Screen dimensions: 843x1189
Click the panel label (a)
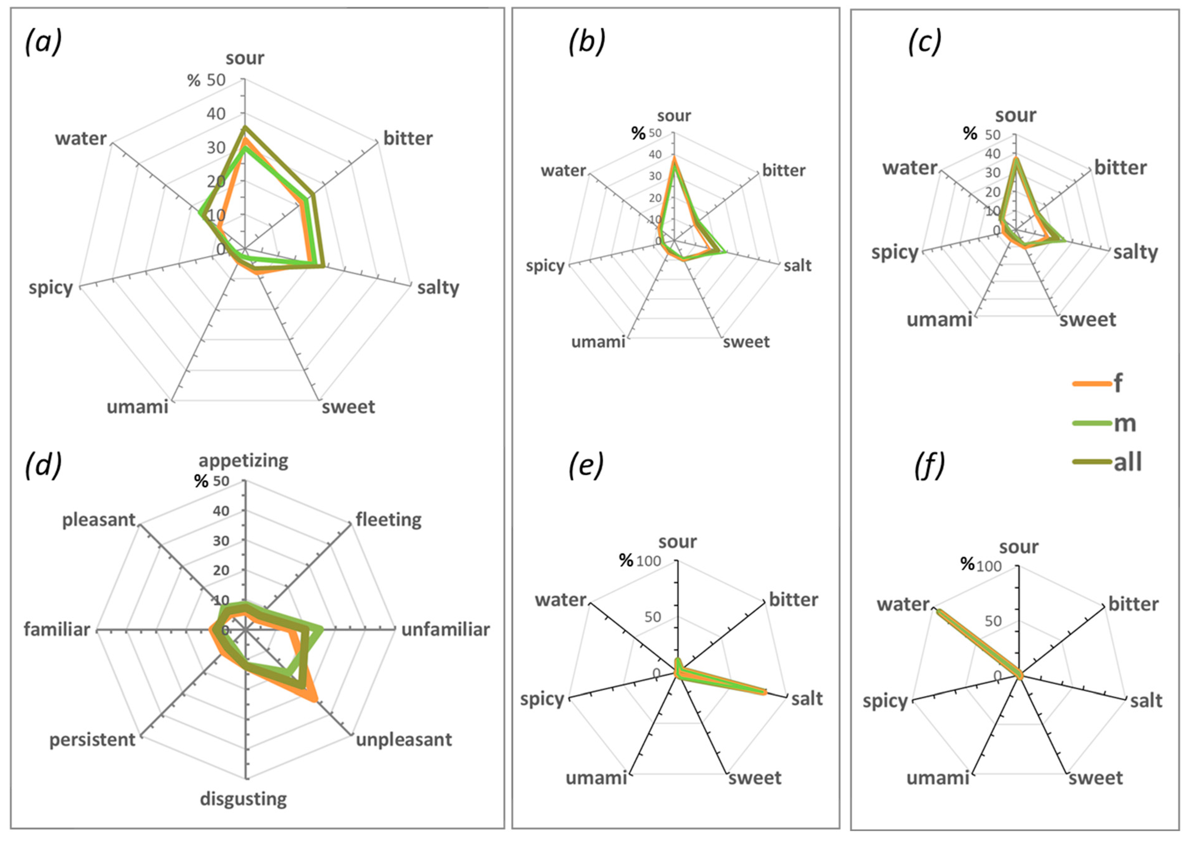click(43, 42)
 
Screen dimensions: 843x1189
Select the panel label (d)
click(43, 463)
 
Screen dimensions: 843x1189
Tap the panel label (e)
click(586, 466)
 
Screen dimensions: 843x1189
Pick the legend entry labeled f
click(1118, 383)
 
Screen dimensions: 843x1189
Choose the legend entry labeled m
click(1125, 422)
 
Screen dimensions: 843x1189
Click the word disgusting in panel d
click(243, 798)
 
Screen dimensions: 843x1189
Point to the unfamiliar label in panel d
click(445, 629)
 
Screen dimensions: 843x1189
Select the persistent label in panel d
click(92, 739)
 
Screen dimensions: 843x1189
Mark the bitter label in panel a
click(408, 138)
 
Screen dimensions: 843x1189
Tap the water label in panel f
click(903, 604)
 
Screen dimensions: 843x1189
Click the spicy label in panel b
click(545, 266)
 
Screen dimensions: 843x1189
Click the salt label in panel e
click(807, 699)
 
